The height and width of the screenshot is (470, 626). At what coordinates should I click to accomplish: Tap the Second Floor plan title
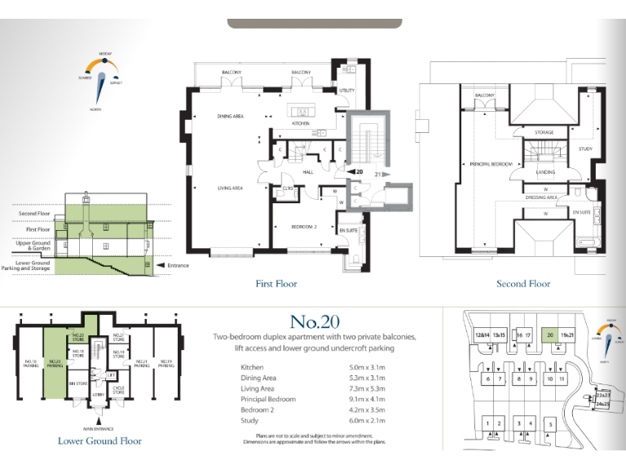click(x=523, y=284)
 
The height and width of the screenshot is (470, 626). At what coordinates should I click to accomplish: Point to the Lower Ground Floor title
click(x=99, y=441)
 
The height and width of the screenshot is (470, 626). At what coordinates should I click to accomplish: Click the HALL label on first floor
click(x=308, y=172)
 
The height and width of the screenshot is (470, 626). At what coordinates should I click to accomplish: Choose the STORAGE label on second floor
click(x=544, y=132)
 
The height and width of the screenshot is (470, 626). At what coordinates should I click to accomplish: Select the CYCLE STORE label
click(x=118, y=390)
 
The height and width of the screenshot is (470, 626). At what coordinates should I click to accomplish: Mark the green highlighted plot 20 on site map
click(x=550, y=335)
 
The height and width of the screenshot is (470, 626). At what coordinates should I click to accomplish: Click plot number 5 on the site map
click(x=550, y=423)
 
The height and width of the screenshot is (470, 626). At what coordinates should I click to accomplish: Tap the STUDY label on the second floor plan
click(x=585, y=149)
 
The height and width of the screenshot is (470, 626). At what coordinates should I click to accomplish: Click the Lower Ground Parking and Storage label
click(x=33, y=265)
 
